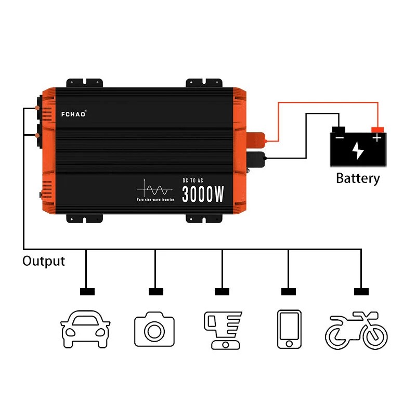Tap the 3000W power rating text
[203, 194]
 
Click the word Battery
[358, 178]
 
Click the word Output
[44, 261]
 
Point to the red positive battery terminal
[378, 129]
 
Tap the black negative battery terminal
[339, 129]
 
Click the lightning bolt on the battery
[358, 150]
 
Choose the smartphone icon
[289, 330]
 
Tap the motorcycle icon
[357, 331]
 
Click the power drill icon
[222, 330]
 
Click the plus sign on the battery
[377, 138]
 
